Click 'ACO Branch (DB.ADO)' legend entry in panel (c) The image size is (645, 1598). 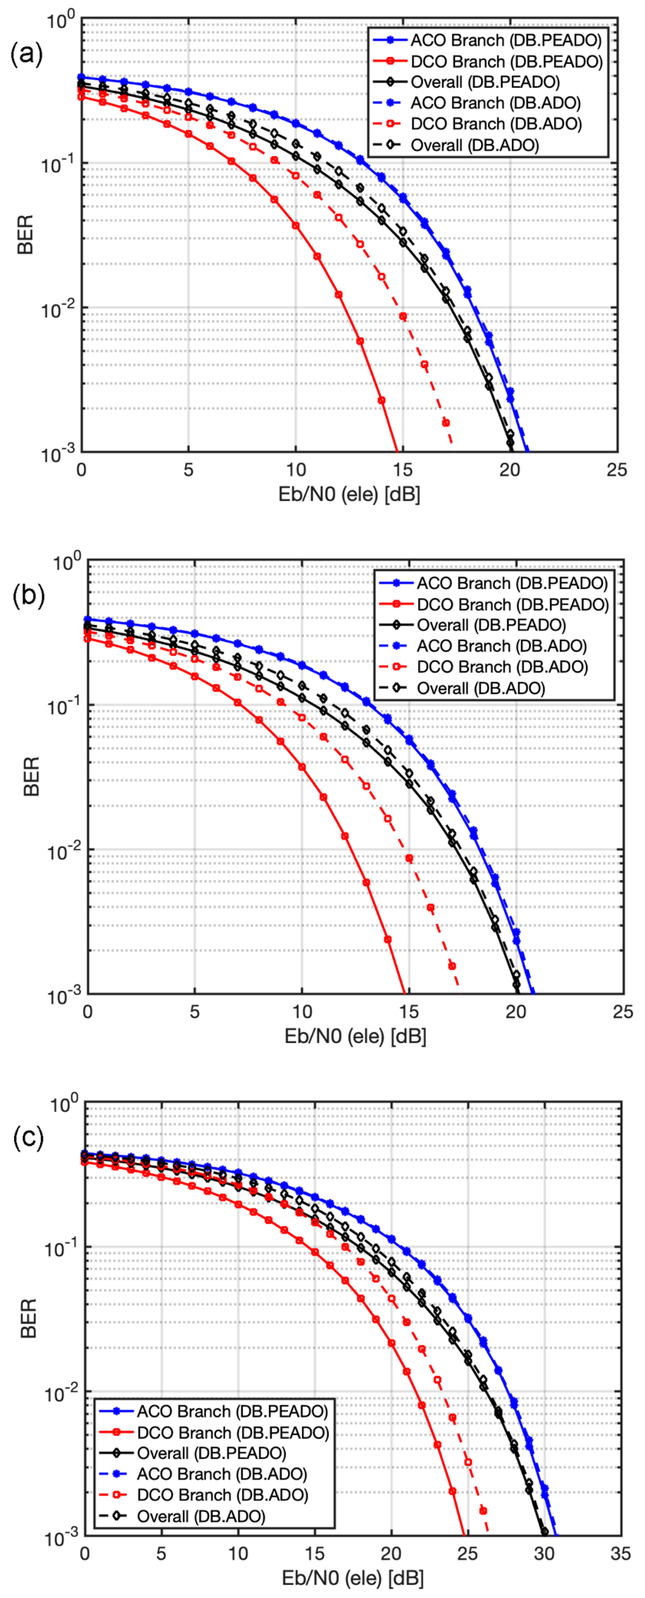click(221, 1474)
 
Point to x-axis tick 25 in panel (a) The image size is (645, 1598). click(616, 470)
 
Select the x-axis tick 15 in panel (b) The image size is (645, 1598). click(409, 1012)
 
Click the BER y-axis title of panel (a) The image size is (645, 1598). click(25, 235)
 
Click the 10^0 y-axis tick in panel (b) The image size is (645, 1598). click(66, 563)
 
